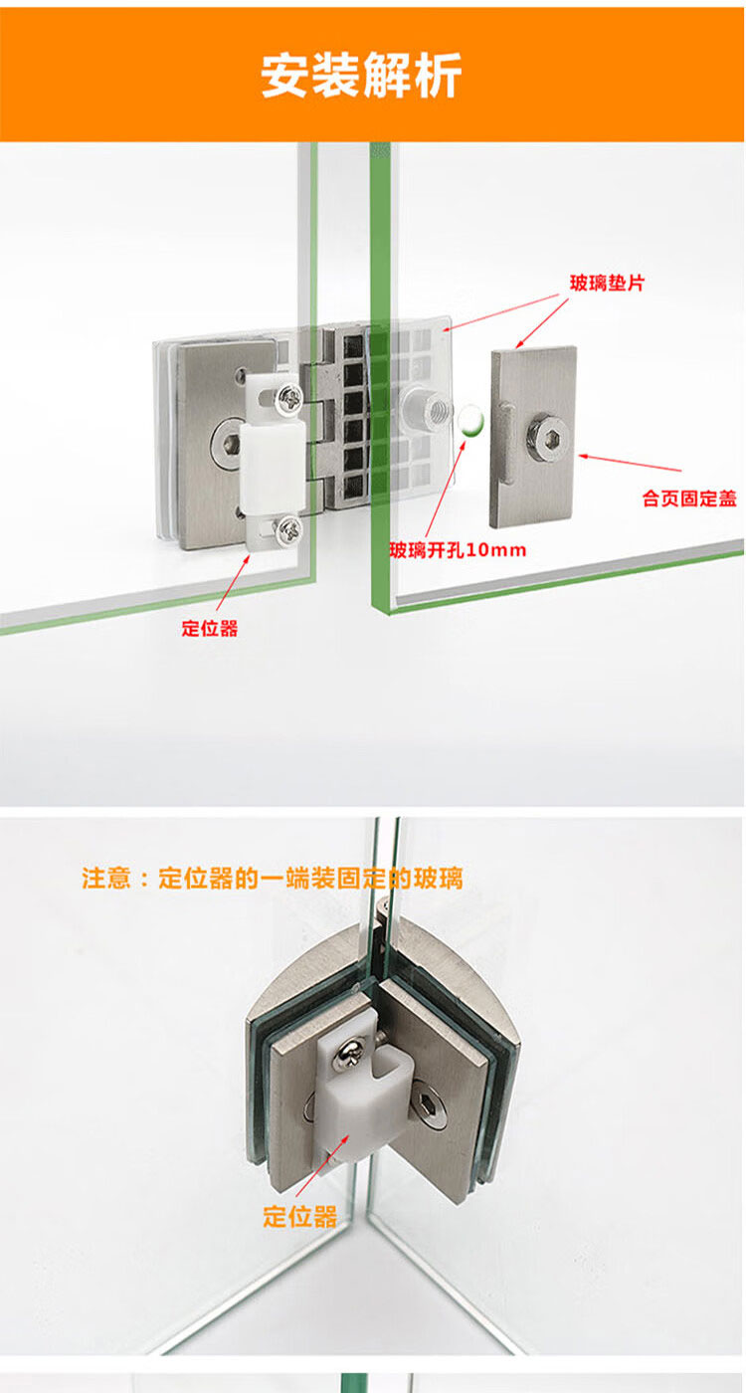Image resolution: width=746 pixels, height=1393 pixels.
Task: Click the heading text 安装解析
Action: point(360,76)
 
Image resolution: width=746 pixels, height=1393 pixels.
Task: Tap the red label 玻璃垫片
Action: point(608,283)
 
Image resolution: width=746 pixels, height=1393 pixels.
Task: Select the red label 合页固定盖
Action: point(688,498)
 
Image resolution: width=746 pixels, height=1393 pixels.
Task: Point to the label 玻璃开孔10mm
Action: point(458,549)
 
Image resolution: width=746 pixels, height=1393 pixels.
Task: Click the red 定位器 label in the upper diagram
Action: point(210,628)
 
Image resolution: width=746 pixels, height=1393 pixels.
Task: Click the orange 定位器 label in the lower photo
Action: point(299,1216)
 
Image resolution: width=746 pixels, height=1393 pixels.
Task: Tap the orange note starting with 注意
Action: point(273,878)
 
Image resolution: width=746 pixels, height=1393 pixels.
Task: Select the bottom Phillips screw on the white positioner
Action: point(289,529)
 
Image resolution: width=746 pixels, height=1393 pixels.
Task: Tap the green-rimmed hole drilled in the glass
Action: point(469,421)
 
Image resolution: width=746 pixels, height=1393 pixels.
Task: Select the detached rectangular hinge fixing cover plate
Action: point(533,437)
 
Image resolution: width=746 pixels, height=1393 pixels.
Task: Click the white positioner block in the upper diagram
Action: point(273,462)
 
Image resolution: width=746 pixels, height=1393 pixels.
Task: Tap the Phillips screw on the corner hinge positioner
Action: point(347,1054)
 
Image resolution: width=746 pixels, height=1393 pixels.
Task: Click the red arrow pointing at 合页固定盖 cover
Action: point(630,463)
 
